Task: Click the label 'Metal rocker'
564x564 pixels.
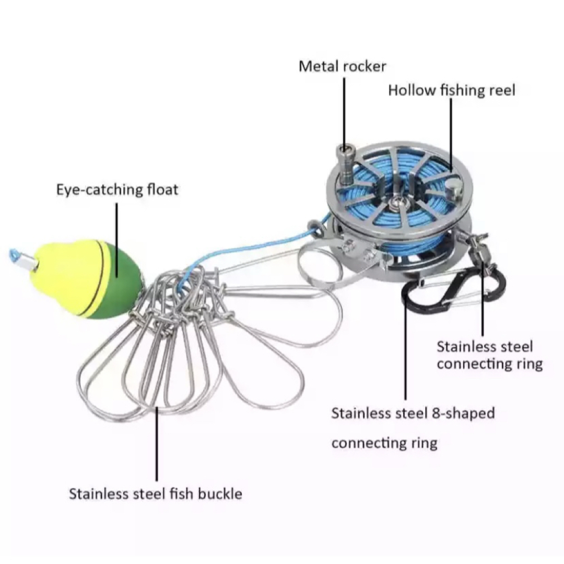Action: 342,66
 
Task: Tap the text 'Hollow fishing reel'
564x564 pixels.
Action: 451,90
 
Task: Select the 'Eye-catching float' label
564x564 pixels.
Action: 118,190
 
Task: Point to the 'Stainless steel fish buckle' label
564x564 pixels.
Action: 156,494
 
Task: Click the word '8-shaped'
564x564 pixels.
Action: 463,414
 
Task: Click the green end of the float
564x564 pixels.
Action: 114,284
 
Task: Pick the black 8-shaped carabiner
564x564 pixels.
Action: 454,288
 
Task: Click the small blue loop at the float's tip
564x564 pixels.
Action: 15,255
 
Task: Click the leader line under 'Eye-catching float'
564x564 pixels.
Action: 116,240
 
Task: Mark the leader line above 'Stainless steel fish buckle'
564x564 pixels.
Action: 157,444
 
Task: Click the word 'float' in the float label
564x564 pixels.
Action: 162,190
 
